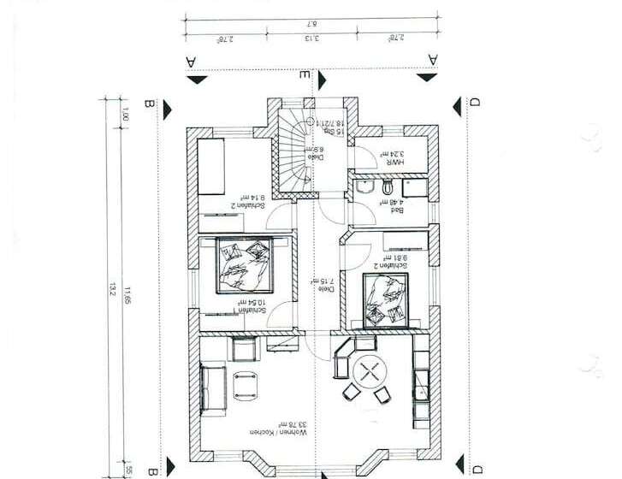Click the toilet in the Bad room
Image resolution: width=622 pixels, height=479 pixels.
click(389, 186)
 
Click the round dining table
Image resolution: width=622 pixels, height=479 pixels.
click(369, 371)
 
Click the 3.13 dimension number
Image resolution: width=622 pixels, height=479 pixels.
click(311, 38)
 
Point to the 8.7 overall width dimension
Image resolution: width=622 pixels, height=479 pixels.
click(311, 23)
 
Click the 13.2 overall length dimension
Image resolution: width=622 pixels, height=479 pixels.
click(112, 291)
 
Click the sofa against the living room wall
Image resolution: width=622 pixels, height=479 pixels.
click(209, 389)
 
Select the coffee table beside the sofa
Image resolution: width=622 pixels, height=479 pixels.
click(246, 384)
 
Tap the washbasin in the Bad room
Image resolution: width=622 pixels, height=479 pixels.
click(364, 187)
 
